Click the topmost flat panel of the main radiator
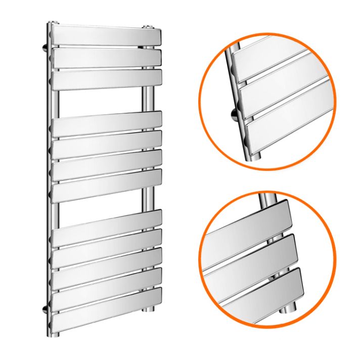(x=106, y=36)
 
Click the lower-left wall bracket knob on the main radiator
(x=46, y=308)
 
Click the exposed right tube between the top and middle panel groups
(x=150, y=101)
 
